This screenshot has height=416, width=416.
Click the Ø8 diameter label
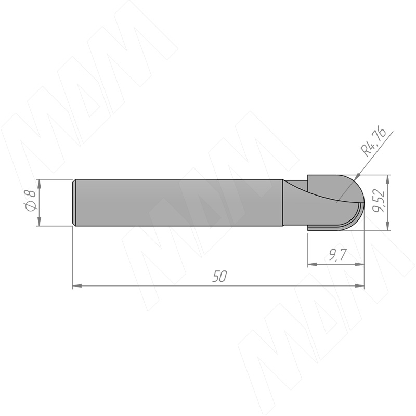[x=30, y=201]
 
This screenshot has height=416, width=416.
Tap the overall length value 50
[x=219, y=277]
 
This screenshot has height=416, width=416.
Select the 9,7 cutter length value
[x=337, y=255]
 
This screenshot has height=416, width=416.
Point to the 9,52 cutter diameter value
[x=379, y=201]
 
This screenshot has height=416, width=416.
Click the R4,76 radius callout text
[x=373, y=142]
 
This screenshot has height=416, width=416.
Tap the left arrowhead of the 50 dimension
[x=77, y=285]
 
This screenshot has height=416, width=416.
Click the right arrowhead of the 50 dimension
[x=360, y=285]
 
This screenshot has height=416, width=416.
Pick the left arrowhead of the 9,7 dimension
[x=313, y=264]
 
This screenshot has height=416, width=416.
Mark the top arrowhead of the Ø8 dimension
[x=40, y=184]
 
